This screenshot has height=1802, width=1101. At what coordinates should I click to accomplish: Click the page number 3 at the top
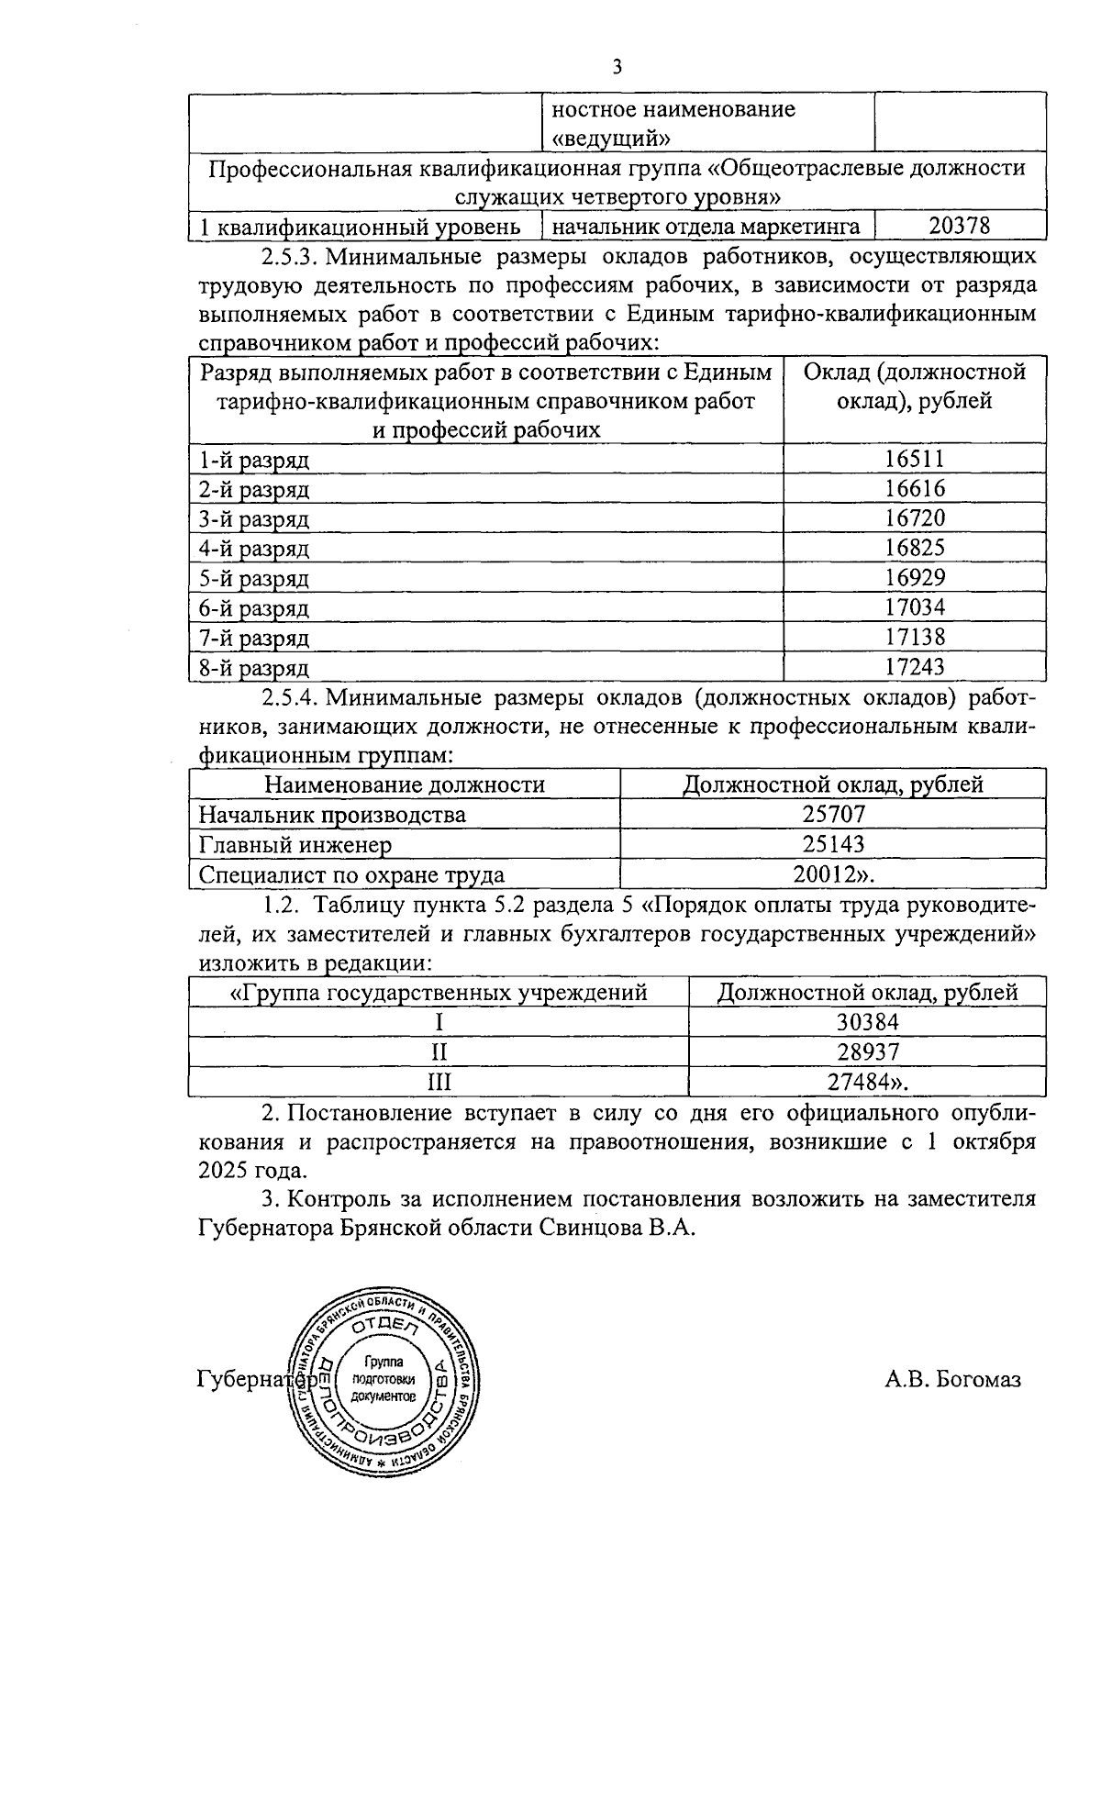(x=617, y=66)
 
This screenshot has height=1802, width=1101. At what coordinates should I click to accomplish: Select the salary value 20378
(x=959, y=226)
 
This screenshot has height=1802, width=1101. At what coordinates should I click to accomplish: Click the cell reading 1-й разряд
(x=255, y=460)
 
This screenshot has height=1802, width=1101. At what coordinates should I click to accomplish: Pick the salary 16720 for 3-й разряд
(x=915, y=518)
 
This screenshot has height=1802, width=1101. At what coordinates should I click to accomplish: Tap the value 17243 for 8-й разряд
(x=915, y=667)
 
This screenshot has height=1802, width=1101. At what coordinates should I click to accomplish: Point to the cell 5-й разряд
(x=255, y=579)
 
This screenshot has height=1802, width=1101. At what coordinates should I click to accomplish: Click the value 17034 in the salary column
(x=915, y=607)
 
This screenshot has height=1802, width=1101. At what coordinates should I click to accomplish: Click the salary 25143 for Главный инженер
(x=833, y=844)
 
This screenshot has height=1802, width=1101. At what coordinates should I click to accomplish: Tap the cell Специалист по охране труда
(x=352, y=874)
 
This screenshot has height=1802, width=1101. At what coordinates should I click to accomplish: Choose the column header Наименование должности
(x=405, y=785)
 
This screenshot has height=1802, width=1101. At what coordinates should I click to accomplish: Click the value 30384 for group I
(x=867, y=1022)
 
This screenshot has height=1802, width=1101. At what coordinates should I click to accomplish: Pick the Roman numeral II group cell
(x=439, y=1051)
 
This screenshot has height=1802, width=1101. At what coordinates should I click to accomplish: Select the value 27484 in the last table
(x=862, y=1082)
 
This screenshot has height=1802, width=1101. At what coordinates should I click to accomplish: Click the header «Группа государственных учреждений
(x=439, y=993)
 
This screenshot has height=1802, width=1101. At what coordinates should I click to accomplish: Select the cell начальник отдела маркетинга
(x=706, y=226)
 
